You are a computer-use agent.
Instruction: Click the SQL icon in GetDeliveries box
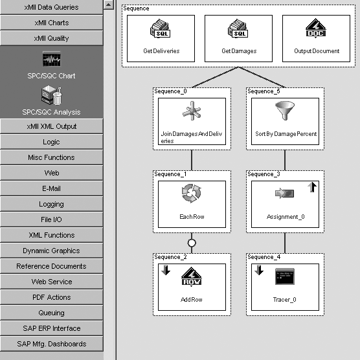coord(161,29)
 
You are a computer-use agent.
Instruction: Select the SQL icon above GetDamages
coord(238,29)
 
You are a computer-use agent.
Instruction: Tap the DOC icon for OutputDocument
coord(316,28)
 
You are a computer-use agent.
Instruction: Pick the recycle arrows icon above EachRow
coord(192,193)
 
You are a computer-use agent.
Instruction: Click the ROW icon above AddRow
coord(192,276)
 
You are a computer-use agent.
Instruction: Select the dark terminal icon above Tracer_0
coord(285,276)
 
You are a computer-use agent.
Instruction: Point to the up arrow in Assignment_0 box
coord(312,187)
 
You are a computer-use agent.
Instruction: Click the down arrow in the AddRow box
coord(166,270)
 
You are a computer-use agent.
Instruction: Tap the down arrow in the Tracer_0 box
coord(259,270)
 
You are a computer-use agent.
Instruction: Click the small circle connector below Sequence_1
coord(192,243)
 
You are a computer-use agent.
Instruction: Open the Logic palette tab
coord(51,142)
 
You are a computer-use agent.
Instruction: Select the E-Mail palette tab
coord(51,188)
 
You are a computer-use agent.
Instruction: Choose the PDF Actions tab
coord(51,297)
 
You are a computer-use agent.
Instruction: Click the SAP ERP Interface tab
coord(51,328)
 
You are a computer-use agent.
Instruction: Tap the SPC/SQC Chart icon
coord(52,59)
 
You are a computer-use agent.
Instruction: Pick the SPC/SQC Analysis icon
coord(51,95)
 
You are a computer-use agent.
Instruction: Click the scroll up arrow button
coord(109,5)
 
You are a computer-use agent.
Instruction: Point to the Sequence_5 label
coord(264,91)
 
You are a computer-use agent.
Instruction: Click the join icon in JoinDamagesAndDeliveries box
coord(192,111)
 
